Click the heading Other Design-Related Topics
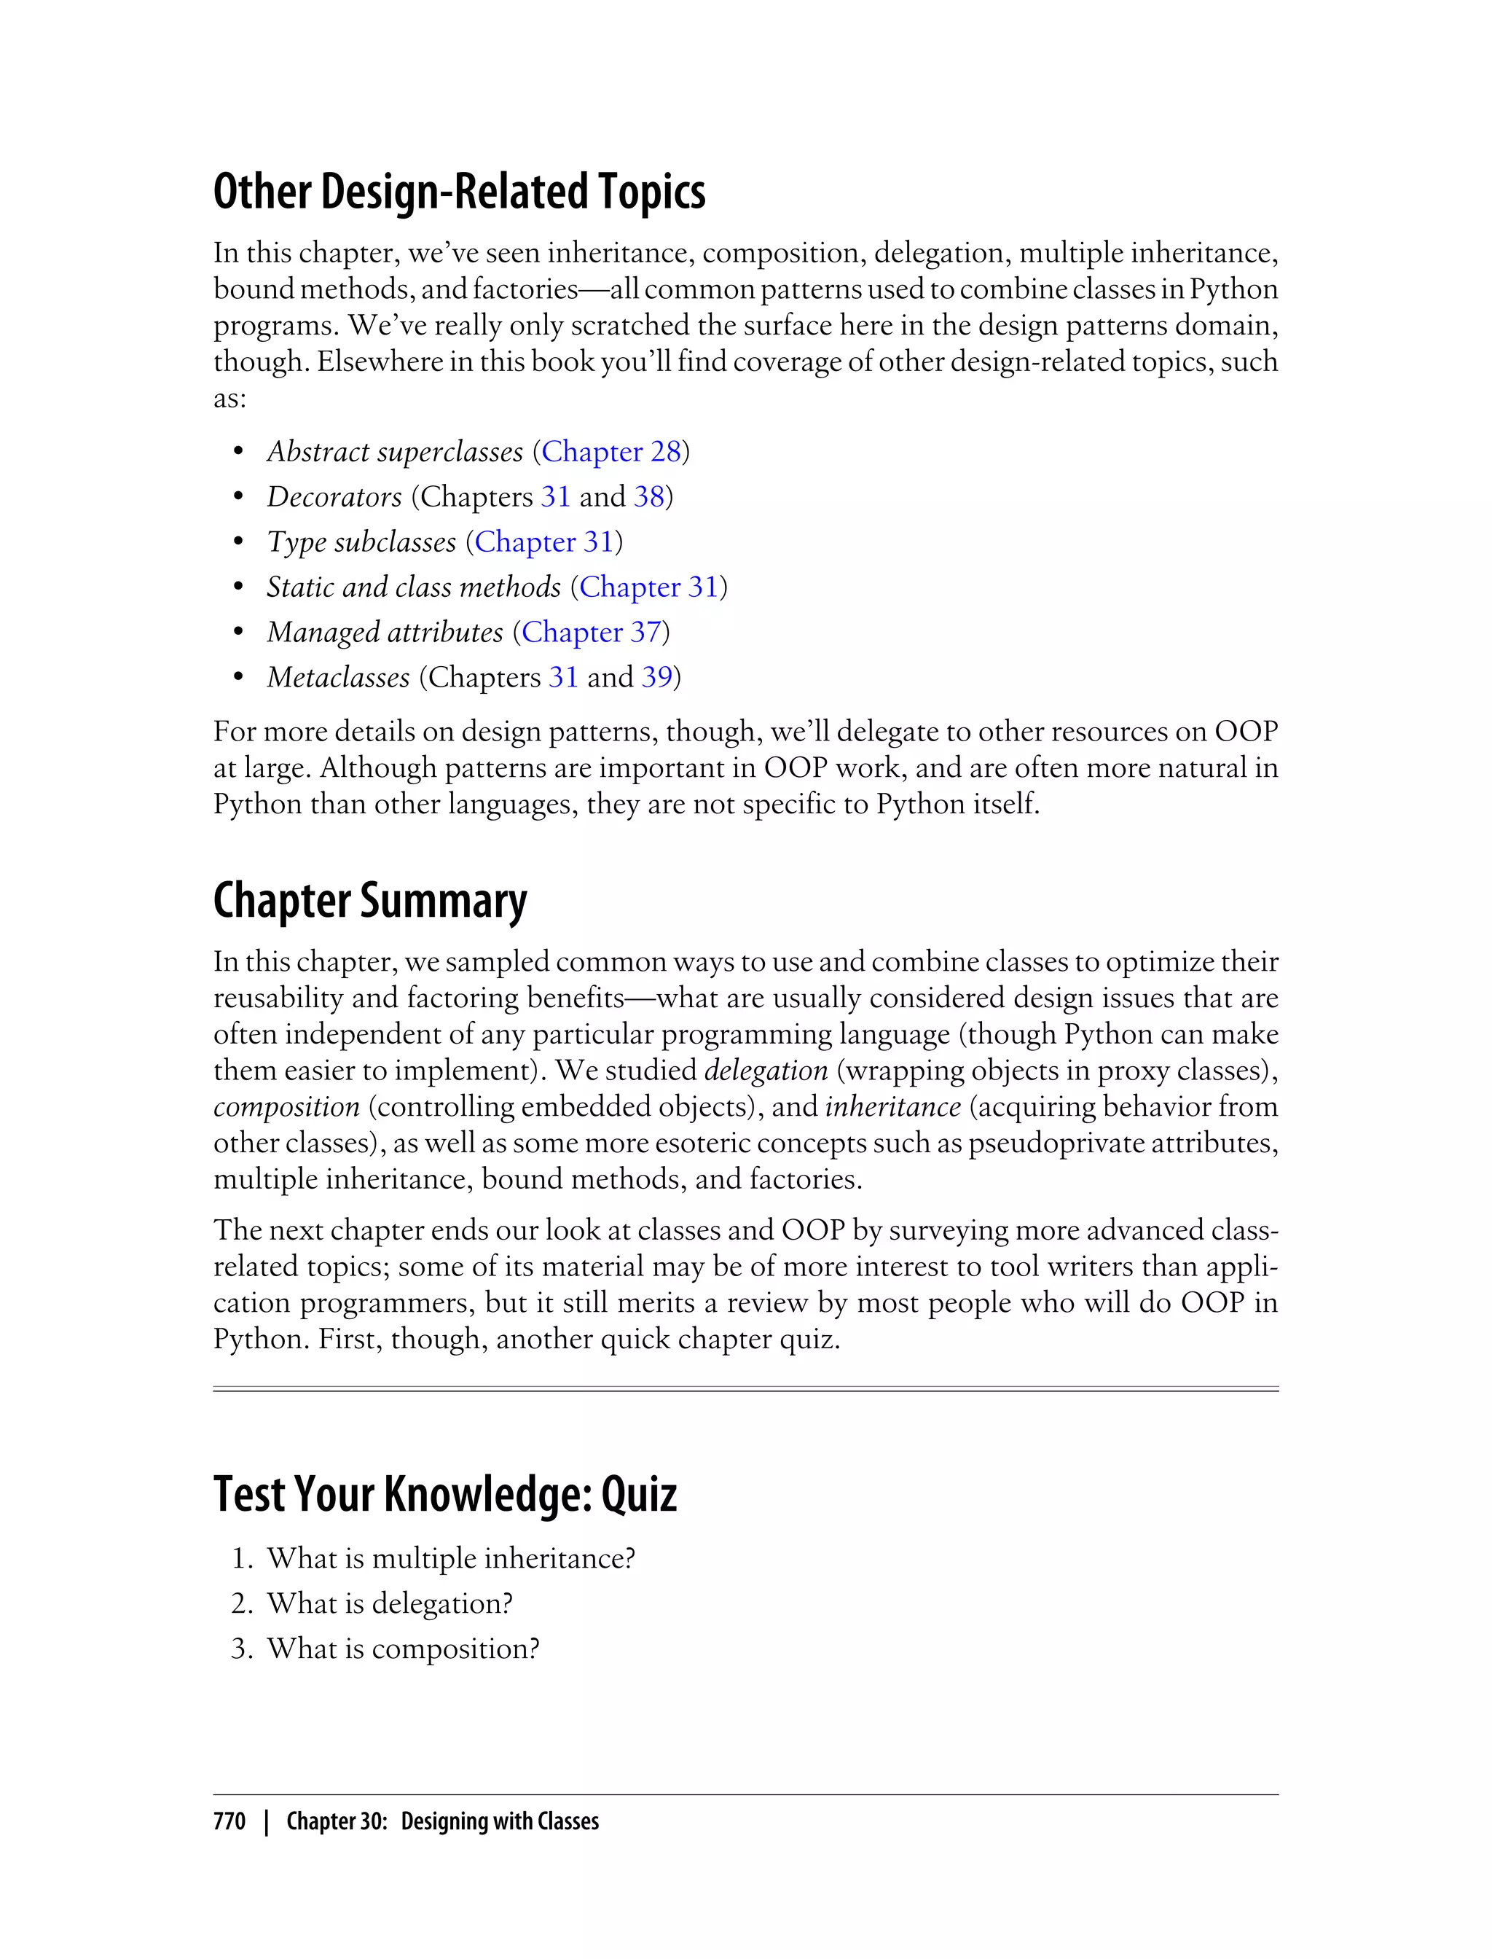(x=459, y=192)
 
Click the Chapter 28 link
(x=611, y=451)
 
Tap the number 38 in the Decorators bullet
(x=648, y=496)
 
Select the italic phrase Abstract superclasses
(x=395, y=451)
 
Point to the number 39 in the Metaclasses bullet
(x=656, y=677)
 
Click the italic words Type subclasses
(x=361, y=542)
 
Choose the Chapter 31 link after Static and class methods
(x=648, y=587)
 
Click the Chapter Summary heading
(x=369, y=901)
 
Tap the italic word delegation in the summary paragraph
(x=766, y=1070)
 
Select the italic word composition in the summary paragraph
(x=286, y=1106)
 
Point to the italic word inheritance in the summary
(x=892, y=1106)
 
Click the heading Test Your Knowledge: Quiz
(x=445, y=1494)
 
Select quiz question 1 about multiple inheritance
(x=450, y=1558)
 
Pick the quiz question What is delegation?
(x=390, y=1603)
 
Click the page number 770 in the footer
(x=229, y=1821)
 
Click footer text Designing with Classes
(x=499, y=1821)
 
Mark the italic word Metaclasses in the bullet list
(x=338, y=677)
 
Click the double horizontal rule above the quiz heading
(x=745, y=1388)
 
